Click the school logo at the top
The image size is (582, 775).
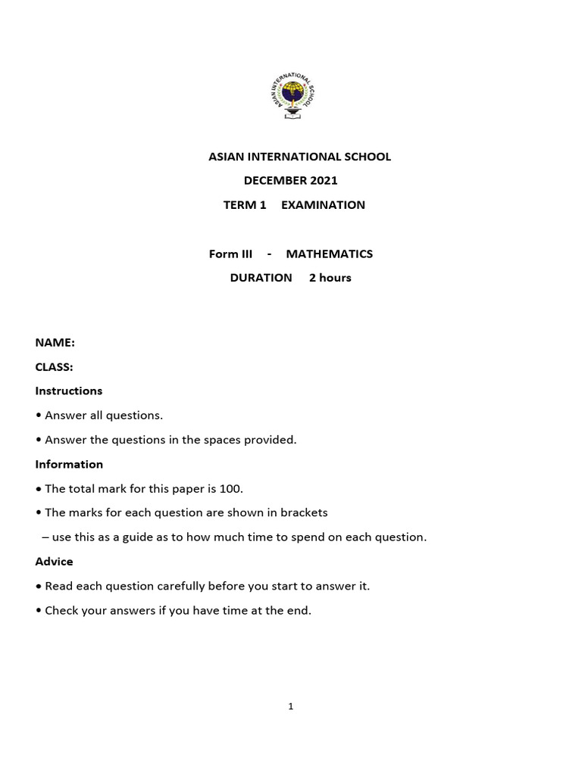coord(290,95)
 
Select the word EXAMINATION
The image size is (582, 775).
coord(323,205)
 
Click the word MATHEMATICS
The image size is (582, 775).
coord(329,254)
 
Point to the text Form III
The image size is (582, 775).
coord(230,254)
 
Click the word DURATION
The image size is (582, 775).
coord(261,278)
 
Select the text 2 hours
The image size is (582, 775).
coord(330,278)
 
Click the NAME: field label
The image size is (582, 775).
coord(55,343)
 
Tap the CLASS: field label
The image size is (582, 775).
coord(54,367)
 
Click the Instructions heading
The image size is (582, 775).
coord(68,391)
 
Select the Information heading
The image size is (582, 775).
coord(69,464)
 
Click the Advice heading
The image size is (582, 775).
coord(54,562)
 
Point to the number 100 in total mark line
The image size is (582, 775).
coord(231,488)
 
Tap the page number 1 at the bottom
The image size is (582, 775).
coord(291,706)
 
